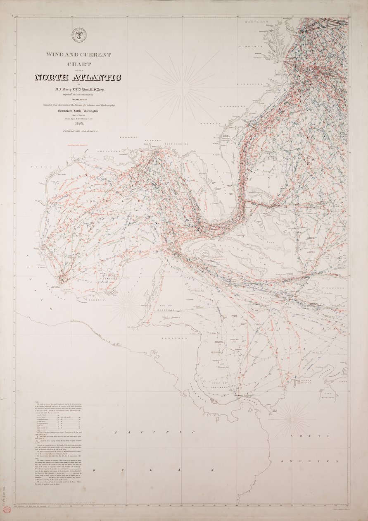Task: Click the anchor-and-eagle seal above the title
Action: coord(78,35)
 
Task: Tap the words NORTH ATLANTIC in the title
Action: coord(78,77)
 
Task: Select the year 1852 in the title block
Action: coord(79,123)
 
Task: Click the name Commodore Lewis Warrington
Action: coord(78,112)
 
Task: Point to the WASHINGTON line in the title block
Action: coord(78,100)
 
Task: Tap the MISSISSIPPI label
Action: coord(128,137)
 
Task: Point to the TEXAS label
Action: coord(38,167)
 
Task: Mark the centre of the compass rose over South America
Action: coord(292,419)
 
